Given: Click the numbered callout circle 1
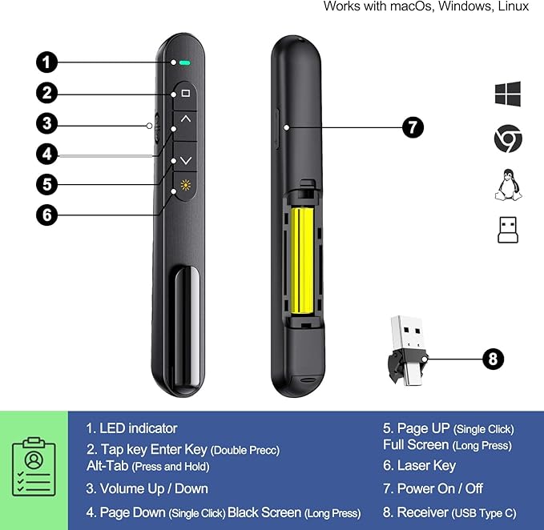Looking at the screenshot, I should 48,62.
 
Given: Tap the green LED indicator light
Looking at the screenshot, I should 184,62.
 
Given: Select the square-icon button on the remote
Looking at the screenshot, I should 186,94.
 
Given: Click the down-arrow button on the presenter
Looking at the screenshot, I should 186,160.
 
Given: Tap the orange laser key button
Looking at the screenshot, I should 186,191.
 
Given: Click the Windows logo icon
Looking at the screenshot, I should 508,94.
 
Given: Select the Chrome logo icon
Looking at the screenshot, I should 508,140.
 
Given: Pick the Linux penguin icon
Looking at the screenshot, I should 508,185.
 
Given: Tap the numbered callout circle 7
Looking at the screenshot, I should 413,126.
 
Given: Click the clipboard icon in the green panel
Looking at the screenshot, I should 34,468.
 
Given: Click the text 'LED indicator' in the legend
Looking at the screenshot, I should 138,428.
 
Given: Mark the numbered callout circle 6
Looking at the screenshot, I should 48,215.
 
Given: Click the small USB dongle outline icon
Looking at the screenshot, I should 508,230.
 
